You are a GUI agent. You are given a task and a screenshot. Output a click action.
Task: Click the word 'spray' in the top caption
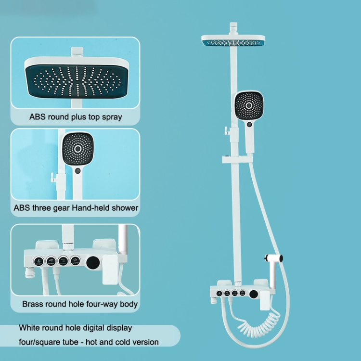(112, 117)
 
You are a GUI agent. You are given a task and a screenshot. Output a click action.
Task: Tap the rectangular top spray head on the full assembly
(233, 40)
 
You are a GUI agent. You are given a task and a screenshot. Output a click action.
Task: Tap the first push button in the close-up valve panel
(39, 261)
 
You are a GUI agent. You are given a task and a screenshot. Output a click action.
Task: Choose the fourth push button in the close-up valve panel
(75, 260)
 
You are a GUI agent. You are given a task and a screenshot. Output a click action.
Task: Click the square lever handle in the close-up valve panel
(110, 270)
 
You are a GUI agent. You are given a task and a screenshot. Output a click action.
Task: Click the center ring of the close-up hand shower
(78, 149)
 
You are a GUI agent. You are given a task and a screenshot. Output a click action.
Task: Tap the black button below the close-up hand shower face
(78, 171)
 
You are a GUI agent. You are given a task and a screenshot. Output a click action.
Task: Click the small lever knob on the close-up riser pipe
(52, 178)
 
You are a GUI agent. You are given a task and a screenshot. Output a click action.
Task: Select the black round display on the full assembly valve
(254, 294)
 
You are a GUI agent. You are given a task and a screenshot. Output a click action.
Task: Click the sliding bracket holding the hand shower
(237, 159)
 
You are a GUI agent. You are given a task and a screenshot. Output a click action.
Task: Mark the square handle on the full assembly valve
(265, 300)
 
